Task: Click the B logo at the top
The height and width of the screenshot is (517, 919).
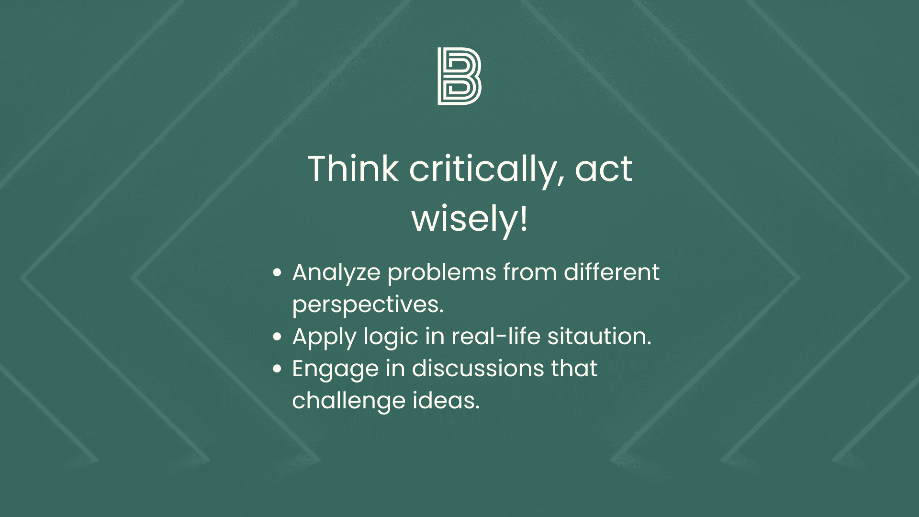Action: click(459, 76)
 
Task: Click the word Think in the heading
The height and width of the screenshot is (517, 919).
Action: click(353, 169)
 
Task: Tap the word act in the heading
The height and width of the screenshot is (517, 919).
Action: click(604, 170)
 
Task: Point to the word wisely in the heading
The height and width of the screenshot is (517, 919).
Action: click(464, 220)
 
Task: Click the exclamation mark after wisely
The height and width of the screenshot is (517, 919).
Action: click(524, 218)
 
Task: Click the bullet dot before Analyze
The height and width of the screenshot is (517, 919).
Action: click(277, 273)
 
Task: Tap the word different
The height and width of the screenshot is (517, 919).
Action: click(611, 272)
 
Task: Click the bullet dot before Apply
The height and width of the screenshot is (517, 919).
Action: click(277, 337)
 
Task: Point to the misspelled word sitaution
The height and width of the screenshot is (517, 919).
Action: click(599, 336)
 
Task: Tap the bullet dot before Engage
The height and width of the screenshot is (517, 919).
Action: click(277, 369)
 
